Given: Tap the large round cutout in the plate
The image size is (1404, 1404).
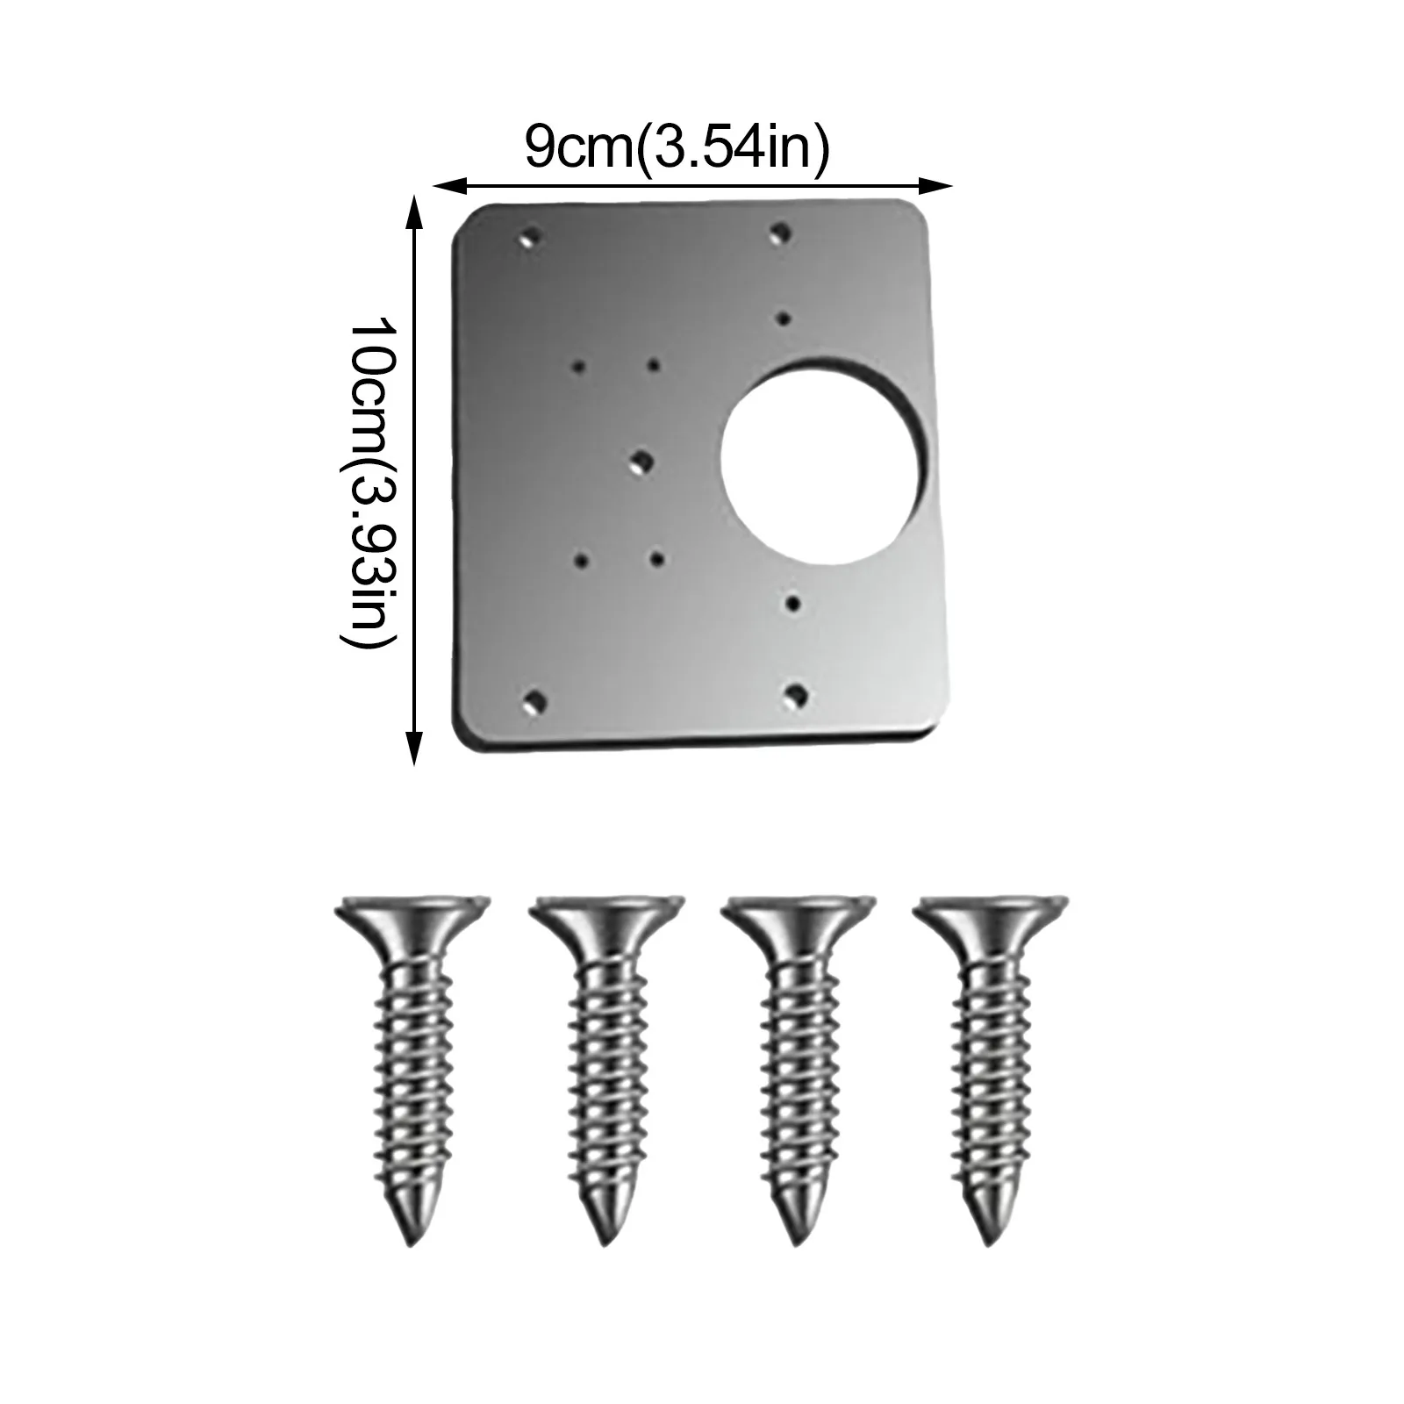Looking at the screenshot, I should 824,462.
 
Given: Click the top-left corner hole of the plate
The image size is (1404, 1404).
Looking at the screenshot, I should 530,237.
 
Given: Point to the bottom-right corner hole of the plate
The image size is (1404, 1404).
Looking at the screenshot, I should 796,694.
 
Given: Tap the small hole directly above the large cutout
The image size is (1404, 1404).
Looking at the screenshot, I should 784,317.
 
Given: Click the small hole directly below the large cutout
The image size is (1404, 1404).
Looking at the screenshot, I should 793,602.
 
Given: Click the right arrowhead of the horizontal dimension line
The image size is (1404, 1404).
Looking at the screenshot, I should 944,186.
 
